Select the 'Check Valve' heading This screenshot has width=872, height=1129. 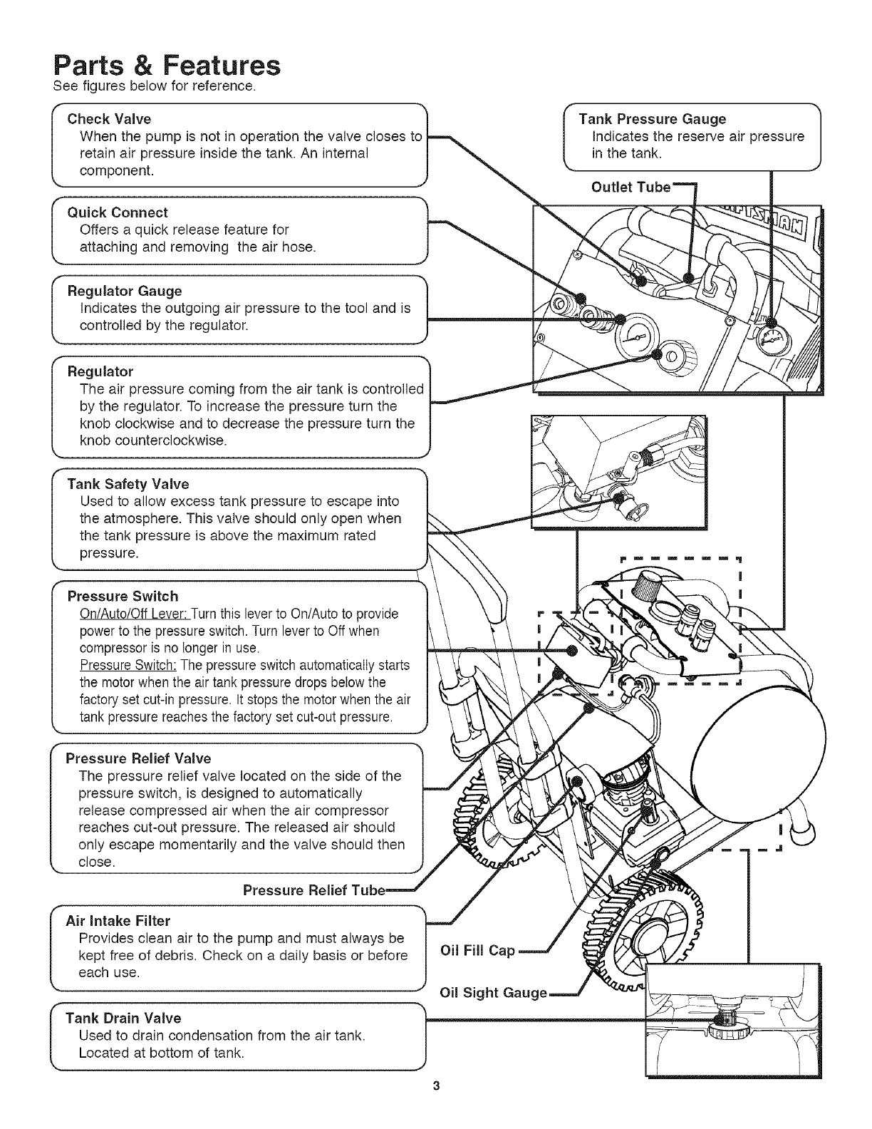coord(109,119)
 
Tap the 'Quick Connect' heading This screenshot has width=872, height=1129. coord(117,212)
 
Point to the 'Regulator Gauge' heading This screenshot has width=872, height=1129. coord(124,291)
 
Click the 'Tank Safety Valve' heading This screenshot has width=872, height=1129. coord(128,485)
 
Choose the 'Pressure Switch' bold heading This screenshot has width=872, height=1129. coord(123,596)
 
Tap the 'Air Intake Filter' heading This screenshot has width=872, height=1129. coord(118,921)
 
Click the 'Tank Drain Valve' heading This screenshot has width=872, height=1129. coord(123,1018)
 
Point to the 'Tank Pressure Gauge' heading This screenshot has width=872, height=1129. coord(652,119)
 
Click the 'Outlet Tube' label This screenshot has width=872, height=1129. coord(631,187)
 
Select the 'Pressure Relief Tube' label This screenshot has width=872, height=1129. coord(313,890)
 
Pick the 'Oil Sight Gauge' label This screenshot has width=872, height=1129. coord(493,993)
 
